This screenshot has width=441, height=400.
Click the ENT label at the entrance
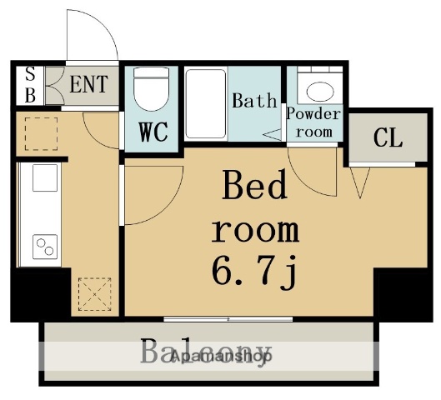89,84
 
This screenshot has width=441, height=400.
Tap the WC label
153,132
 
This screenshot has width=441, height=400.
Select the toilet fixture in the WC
152,89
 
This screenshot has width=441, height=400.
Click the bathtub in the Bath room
206,104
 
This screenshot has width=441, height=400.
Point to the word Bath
254,101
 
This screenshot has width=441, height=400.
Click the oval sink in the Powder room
320,92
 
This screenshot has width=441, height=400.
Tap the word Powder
313,114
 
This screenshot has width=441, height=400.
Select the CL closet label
388,137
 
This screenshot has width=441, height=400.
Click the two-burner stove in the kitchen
45,247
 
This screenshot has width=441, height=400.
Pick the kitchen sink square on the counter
45,178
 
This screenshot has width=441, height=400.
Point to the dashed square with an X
94,294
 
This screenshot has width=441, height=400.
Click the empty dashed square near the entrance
42,134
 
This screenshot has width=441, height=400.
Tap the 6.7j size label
254,272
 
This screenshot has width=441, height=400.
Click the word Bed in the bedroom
254,184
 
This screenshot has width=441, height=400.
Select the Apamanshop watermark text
222,357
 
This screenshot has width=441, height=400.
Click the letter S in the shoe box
30,74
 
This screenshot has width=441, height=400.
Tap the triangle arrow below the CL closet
360,182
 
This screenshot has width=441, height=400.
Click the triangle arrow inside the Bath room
272,135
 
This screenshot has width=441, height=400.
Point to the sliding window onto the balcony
228,319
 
